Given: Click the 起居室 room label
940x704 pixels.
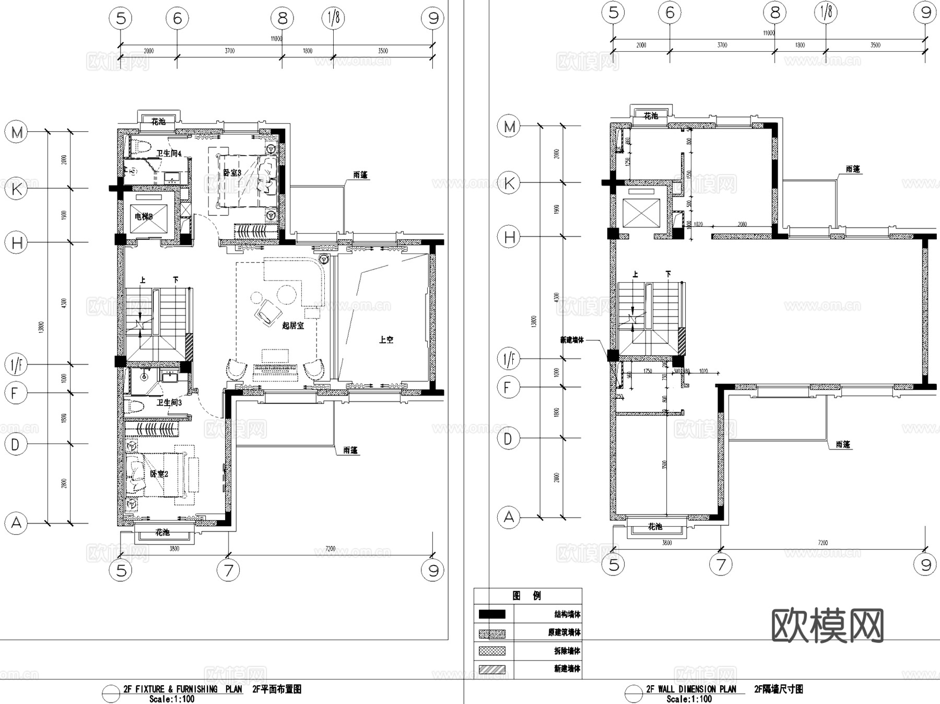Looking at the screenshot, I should pos(292,326).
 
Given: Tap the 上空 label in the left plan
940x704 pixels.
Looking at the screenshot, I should pos(386,340).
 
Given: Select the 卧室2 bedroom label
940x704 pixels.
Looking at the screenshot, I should pos(159,474).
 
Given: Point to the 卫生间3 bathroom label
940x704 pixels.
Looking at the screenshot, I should pos(169,403).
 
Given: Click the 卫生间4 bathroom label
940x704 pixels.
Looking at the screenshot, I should pos(169,154).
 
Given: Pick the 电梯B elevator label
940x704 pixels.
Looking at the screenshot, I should pos(144,216).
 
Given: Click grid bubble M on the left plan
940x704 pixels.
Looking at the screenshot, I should pos(16,132).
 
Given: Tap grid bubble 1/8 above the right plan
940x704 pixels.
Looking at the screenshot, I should pos(826,13).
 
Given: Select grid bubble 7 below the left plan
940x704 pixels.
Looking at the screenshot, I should pos(228,570).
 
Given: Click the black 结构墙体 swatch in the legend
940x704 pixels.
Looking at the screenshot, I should pos(492,615).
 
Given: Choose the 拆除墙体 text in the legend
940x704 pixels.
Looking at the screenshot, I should pos(567,651).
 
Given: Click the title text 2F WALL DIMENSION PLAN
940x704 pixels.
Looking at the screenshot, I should pos(691,689).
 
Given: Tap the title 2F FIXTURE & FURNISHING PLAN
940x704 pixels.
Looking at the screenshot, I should pos(183,689).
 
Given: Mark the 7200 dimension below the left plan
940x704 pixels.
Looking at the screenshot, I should pos(330,549).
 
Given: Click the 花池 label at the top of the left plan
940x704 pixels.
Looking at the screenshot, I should pos(158,122).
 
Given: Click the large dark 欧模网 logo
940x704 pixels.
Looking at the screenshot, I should pos(827,625).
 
